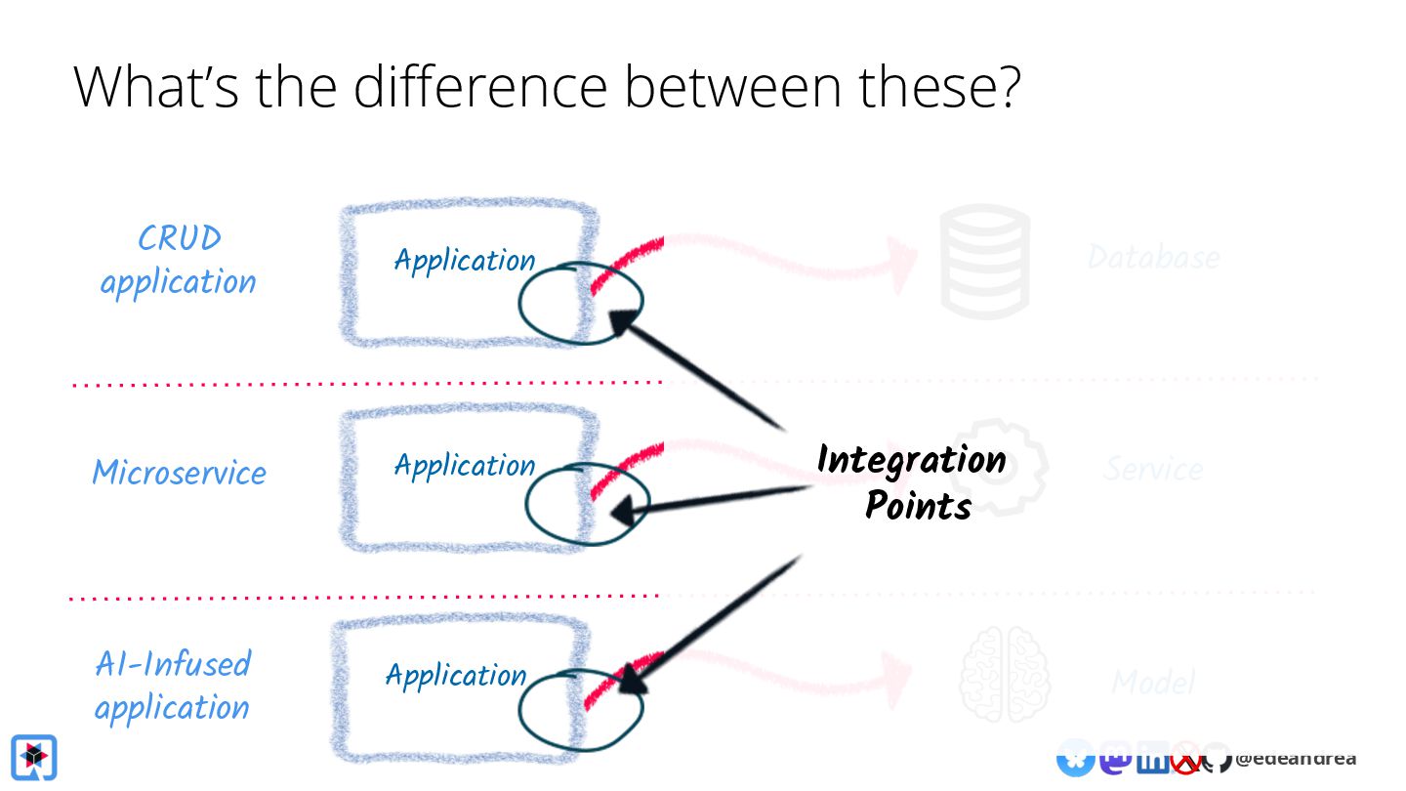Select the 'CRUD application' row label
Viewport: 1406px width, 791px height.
click(178, 260)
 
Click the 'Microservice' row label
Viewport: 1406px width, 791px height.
click(179, 473)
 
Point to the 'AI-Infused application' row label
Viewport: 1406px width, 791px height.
click(173, 685)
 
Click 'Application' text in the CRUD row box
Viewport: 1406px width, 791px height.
click(464, 261)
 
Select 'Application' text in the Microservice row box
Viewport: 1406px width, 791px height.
click(464, 465)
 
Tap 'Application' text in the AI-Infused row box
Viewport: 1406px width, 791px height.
click(456, 675)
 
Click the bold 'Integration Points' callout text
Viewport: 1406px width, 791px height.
click(912, 481)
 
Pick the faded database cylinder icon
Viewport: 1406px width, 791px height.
click(985, 261)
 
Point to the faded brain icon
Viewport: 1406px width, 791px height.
click(1004, 674)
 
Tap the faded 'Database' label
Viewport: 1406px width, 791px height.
click(1153, 258)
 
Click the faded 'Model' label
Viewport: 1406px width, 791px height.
click(1153, 682)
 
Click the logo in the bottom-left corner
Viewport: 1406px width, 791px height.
click(34, 757)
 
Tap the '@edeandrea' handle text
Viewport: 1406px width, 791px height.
click(1295, 759)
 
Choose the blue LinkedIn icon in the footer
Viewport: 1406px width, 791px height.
click(1152, 759)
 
